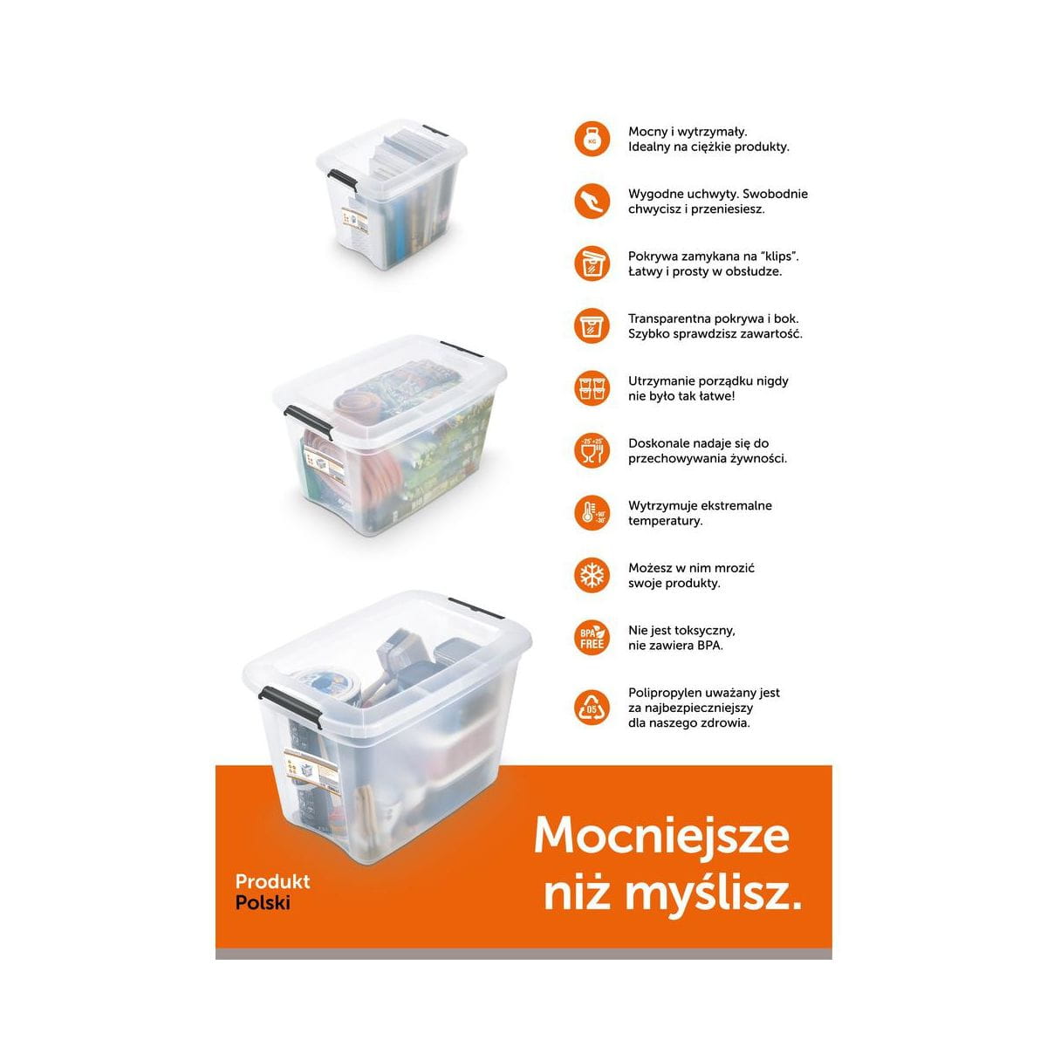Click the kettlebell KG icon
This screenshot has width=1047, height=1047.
tap(592, 139)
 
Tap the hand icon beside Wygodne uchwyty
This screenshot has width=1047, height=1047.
tap(592, 201)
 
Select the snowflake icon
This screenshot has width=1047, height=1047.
tap(592, 575)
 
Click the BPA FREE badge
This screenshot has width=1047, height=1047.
tap(592, 638)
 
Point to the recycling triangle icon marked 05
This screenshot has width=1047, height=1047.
tap(592, 708)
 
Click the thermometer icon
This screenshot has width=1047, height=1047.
tap(592, 513)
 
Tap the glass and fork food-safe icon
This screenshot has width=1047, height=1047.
tap(592, 450)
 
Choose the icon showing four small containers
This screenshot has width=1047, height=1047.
tap(592, 388)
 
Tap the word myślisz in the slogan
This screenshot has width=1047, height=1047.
tap(713, 894)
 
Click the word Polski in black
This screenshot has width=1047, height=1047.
tap(263, 902)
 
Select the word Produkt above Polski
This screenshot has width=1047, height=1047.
tap(273, 880)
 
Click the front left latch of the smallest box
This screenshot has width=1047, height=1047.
tap(343, 180)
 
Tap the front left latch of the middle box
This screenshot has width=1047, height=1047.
tap(308, 422)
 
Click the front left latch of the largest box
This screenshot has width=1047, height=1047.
tap(291, 705)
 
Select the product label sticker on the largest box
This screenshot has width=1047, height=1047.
tap(311, 771)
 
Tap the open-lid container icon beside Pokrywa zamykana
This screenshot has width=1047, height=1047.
tap(592, 263)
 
